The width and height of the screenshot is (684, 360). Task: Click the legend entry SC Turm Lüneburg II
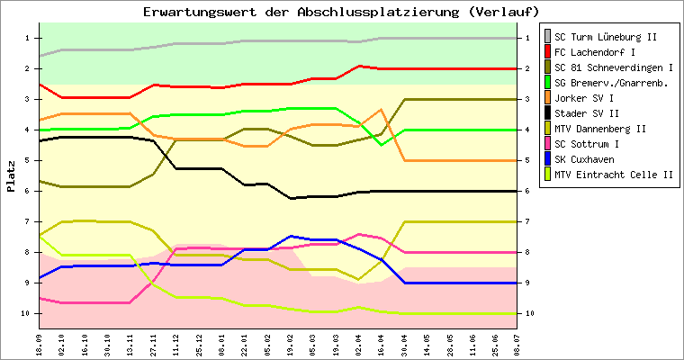click(x=605, y=37)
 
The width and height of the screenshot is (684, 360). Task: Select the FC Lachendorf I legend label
click(x=595, y=52)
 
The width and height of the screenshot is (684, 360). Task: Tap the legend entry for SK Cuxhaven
click(x=584, y=159)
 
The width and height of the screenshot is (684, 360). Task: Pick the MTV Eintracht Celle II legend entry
click(x=614, y=175)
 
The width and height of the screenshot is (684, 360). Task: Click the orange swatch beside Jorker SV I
click(x=547, y=98)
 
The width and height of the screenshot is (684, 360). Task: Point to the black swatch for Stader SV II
click(x=547, y=113)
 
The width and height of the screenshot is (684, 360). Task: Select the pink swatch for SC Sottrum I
click(x=547, y=144)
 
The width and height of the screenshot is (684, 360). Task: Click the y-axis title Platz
click(x=11, y=176)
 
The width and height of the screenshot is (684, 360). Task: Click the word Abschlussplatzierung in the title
click(x=378, y=12)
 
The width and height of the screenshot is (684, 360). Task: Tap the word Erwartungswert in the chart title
click(x=200, y=12)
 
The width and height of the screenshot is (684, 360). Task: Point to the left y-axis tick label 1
click(x=28, y=38)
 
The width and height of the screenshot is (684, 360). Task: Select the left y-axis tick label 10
click(x=26, y=313)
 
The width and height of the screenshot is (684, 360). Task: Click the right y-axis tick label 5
click(x=527, y=160)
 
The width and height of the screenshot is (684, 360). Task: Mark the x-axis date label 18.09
click(x=40, y=346)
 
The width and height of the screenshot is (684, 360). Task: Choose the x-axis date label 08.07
click(x=517, y=346)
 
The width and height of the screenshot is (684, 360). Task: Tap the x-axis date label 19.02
click(x=290, y=346)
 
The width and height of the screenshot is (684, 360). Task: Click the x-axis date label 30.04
click(x=404, y=346)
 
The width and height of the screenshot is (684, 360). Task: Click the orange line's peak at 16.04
click(x=381, y=110)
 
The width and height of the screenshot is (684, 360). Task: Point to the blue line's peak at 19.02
click(x=291, y=236)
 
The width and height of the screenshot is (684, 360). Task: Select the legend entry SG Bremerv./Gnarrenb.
click(x=611, y=83)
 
